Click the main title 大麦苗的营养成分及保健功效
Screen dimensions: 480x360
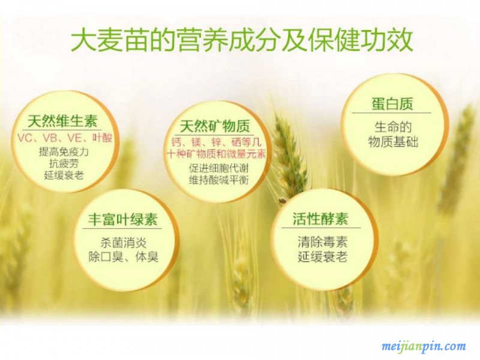(x=242, y=40)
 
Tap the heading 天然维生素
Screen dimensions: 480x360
(x=62, y=121)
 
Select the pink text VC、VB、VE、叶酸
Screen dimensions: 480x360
(x=65, y=138)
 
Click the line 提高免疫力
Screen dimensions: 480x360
(x=64, y=152)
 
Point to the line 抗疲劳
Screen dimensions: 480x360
(x=64, y=163)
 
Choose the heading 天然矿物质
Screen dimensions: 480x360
(x=215, y=126)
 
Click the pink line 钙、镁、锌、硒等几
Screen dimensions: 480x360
(x=216, y=142)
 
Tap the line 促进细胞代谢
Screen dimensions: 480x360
(x=218, y=168)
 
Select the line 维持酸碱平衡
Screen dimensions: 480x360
(x=218, y=179)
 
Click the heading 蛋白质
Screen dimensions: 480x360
(x=392, y=104)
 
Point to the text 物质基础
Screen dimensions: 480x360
(x=393, y=142)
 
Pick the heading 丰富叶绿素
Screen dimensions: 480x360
(x=122, y=220)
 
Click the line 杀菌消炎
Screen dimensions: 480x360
(x=124, y=243)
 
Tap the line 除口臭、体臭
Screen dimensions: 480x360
(x=124, y=257)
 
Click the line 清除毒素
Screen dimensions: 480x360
(x=323, y=242)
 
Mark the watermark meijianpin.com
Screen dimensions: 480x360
(x=424, y=347)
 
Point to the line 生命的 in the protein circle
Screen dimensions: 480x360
(x=393, y=127)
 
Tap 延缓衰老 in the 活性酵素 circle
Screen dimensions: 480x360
(x=323, y=257)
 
